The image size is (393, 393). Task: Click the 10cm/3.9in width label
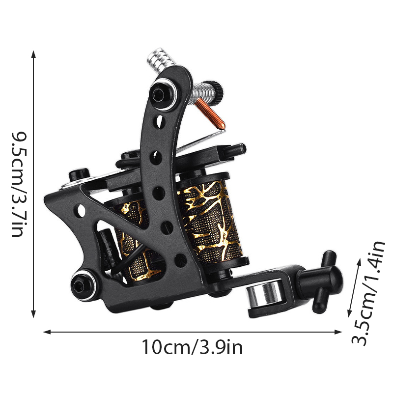(x=192, y=347)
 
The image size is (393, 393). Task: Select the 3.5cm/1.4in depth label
(x=368, y=293)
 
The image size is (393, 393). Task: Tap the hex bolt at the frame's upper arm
(x=163, y=94)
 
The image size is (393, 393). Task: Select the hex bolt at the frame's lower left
(x=83, y=285)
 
